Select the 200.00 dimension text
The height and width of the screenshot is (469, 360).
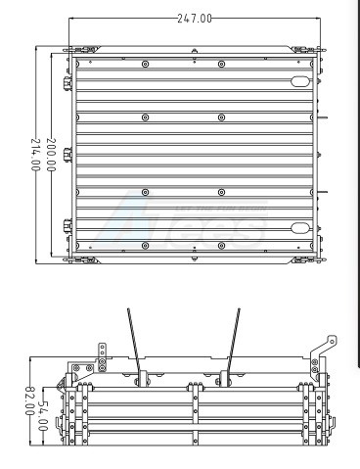[52, 154]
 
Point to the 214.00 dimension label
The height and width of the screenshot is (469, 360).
[36, 155]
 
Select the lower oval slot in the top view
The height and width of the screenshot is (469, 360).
[300, 227]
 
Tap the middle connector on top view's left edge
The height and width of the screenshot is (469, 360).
[68, 155]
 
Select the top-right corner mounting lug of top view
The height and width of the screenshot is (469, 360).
[305, 49]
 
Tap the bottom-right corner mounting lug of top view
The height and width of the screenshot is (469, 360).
[305, 259]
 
